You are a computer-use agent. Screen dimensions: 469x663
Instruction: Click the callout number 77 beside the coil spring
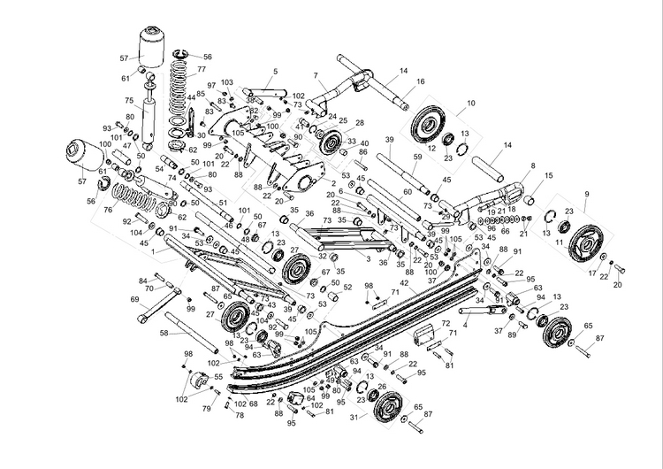(x=202, y=69)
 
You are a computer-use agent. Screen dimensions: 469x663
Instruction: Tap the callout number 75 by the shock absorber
(x=129, y=100)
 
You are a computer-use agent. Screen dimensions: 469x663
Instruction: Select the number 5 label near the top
(x=275, y=71)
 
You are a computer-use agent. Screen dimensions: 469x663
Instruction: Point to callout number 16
(x=420, y=81)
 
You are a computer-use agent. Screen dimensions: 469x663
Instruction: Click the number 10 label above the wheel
(x=471, y=104)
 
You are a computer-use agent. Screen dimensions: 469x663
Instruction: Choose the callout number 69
(x=135, y=300)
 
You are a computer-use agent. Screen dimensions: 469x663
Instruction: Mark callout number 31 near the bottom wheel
(x=353, y=417)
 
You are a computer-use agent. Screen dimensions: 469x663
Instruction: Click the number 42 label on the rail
(x=403, y=284)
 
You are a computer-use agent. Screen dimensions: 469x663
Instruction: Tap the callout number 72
(x=446, y=324)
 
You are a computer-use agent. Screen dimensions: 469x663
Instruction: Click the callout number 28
(x=360, y=122)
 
